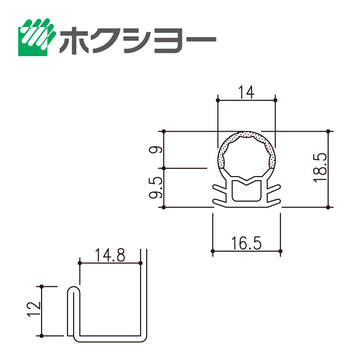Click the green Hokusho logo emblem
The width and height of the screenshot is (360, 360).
37,37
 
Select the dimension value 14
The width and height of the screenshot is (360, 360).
246,92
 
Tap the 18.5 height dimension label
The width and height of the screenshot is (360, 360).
320,168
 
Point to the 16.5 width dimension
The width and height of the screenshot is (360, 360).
246,243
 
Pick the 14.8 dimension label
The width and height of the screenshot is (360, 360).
110,256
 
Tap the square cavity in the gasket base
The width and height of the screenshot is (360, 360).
246,191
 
